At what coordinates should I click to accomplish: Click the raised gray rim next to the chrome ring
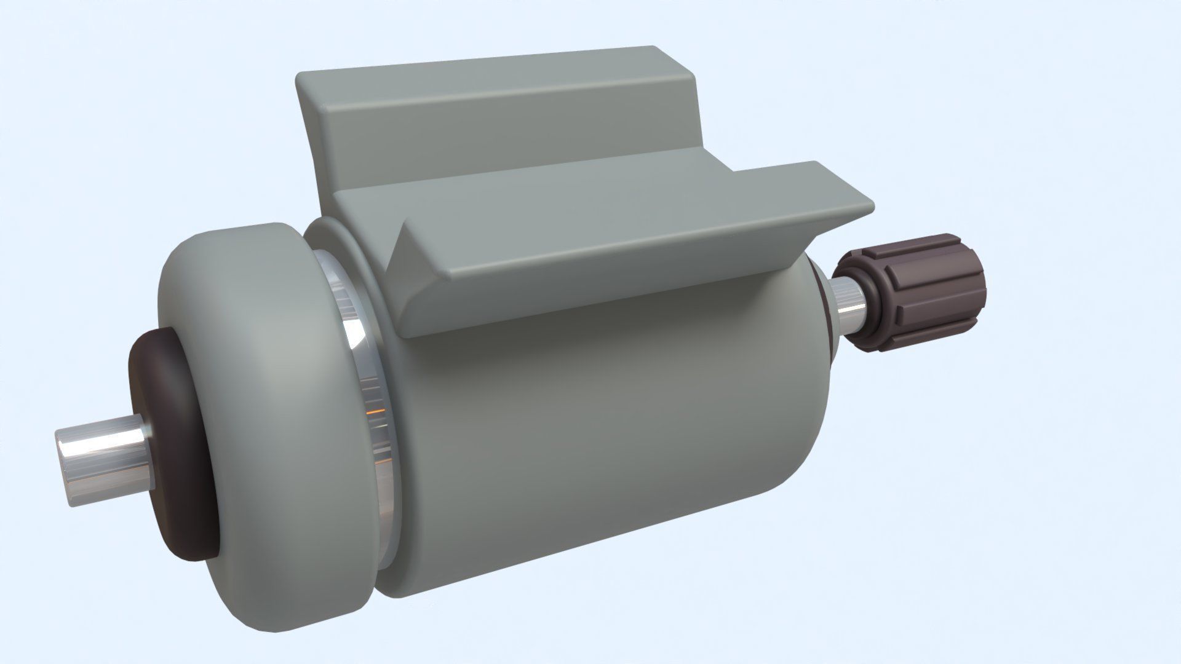pos(344,246)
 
